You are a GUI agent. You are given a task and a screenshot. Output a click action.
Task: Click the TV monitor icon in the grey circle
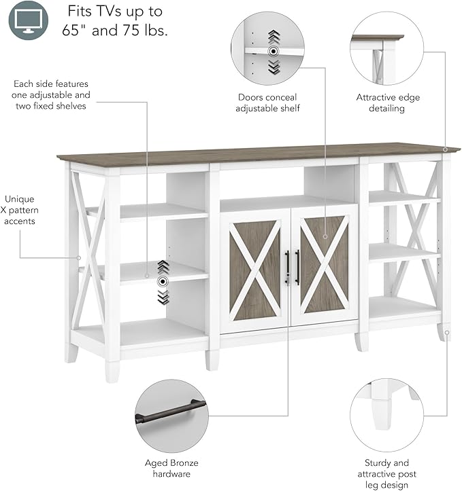28,20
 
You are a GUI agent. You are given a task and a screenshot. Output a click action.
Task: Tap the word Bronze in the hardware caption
184,463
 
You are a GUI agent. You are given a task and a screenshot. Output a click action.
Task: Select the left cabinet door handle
287,268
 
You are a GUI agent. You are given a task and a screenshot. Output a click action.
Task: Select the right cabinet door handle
297,267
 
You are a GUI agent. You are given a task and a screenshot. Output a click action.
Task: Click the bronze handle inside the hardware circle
171,412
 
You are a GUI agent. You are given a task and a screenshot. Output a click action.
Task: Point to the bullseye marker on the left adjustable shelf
163,282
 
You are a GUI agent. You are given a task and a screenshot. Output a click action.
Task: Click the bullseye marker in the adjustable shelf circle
274,52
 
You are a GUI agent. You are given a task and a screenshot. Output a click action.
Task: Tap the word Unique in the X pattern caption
20,199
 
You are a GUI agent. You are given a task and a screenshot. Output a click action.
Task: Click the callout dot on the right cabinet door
325,237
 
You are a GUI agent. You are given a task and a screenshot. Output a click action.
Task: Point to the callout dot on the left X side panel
79,257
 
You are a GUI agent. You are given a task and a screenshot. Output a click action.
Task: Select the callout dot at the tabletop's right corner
445,149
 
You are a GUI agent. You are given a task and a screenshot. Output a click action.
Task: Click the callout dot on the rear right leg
447,333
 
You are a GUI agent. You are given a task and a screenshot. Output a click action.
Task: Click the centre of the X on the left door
255,270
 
